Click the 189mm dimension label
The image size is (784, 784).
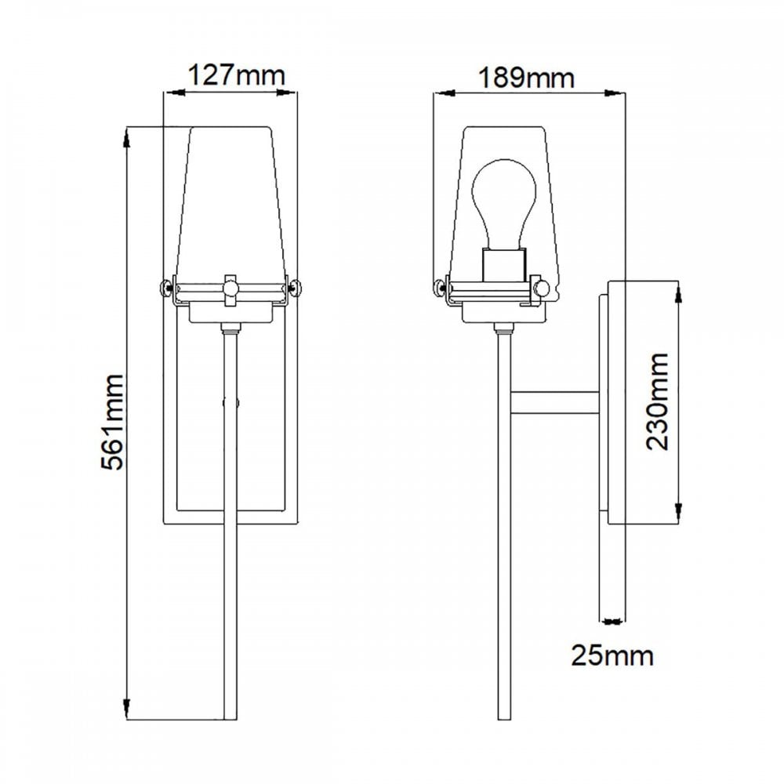click(527, 78)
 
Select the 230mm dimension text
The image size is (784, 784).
click(657, 401)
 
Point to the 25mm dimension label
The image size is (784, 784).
click(612, 655)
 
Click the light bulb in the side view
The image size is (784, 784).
click(505, 200)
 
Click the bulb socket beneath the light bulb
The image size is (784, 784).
click(504, 264)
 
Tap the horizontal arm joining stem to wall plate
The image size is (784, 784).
click(555, 402)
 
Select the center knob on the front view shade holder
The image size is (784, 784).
click(230, 288)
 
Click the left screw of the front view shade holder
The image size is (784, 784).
click(167, 288)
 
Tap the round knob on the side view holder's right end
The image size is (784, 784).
click(541, 289)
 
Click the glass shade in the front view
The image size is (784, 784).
click(230, 204)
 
